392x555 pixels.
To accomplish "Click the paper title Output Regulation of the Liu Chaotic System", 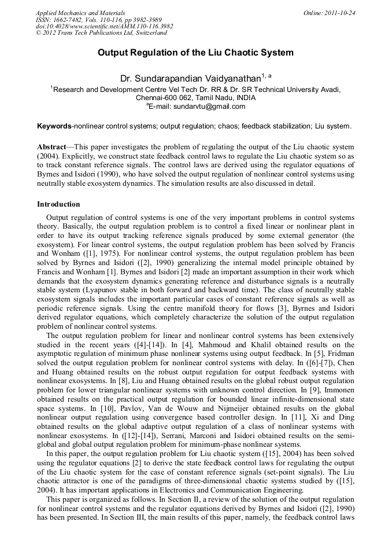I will (195, 53).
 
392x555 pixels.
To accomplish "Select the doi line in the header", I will (104, 27).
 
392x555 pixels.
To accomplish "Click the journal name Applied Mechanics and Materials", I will (80, 13).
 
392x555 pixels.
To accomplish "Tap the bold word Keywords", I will (54, 126).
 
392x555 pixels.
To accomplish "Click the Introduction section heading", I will (58, 204).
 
